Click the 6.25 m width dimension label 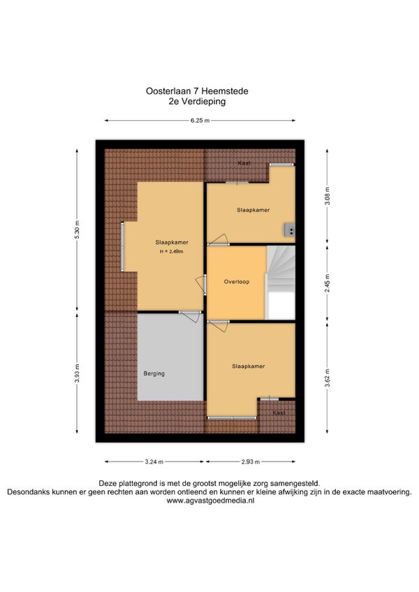tap(200, 121)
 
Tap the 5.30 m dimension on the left tap(77, 229)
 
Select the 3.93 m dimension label tap(77, 373)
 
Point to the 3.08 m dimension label tap(328, 196)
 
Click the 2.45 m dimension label tap(328, 283)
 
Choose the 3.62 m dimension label tap(328, 378)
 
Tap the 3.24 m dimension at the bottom tap(154, 461)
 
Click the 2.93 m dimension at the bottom tap(251, 461)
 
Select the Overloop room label tap(237, 281)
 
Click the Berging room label tap(154, 373)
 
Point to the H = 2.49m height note tap(171, 251)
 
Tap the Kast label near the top tap(244, 163)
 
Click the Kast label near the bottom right tap(279, 413)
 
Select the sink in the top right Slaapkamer tap(289, 230)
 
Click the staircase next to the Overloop tap(281, 283)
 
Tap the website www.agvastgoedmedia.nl tap(210, 501)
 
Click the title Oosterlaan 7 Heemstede tap(197, 91)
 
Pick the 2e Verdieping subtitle tap(197, 101)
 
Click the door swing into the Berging tap(191, 316)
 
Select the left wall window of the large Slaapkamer tap(122, 246)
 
